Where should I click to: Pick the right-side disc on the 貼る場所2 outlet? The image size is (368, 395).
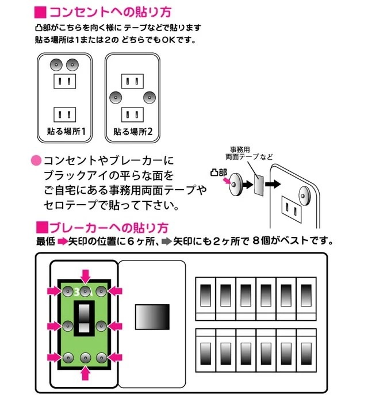tap(150, 97)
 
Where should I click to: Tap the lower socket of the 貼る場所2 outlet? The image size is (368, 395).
tap(132, 112)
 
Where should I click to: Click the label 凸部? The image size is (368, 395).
tap(220, 172)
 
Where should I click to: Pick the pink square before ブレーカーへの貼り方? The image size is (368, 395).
tap(40, 226)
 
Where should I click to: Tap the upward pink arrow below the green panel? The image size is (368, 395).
tap(85, 374)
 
